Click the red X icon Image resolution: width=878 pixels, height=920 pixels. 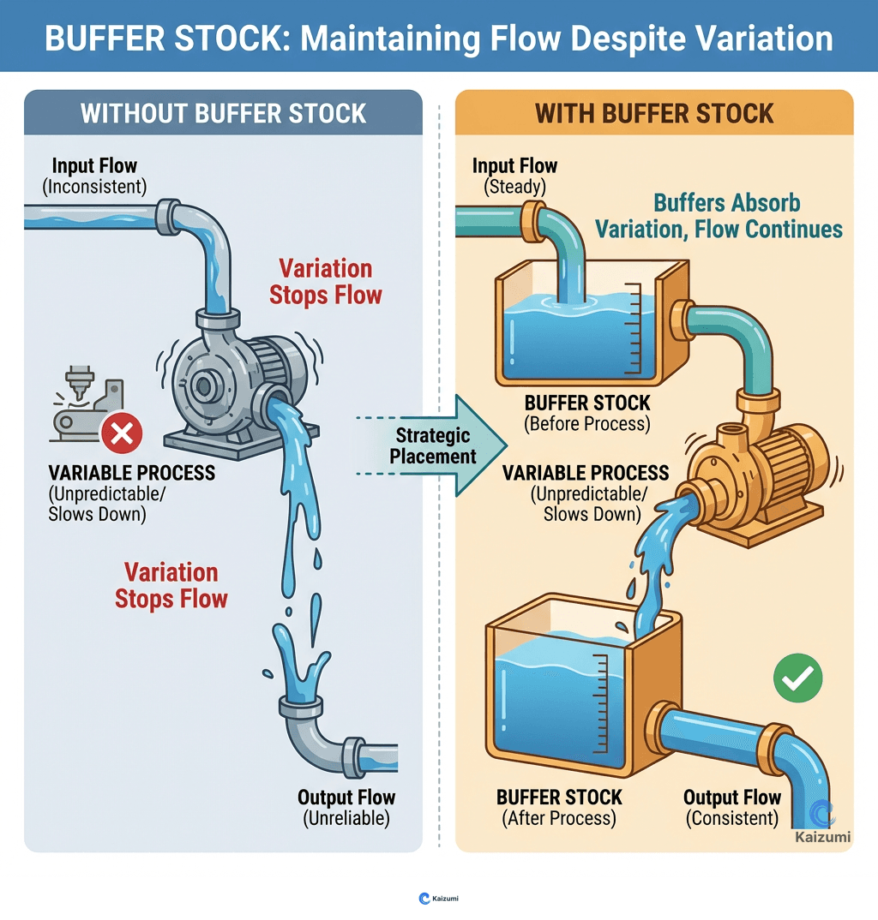122,435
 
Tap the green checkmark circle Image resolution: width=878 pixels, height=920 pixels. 797,678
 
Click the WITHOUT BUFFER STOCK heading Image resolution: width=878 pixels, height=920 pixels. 223,113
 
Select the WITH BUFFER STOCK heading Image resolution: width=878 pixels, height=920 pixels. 654,113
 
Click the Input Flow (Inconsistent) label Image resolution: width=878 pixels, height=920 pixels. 94,175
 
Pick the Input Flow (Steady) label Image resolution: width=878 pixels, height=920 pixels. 514,175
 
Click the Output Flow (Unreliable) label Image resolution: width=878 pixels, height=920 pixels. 346,807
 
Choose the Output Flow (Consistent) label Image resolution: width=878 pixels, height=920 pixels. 732,807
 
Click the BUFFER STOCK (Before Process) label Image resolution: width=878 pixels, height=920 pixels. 587,412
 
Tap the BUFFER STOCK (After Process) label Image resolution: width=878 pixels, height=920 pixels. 558,807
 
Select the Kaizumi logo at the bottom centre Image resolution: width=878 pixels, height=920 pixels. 439,898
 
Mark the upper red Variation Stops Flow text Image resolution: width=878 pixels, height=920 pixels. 326,282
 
